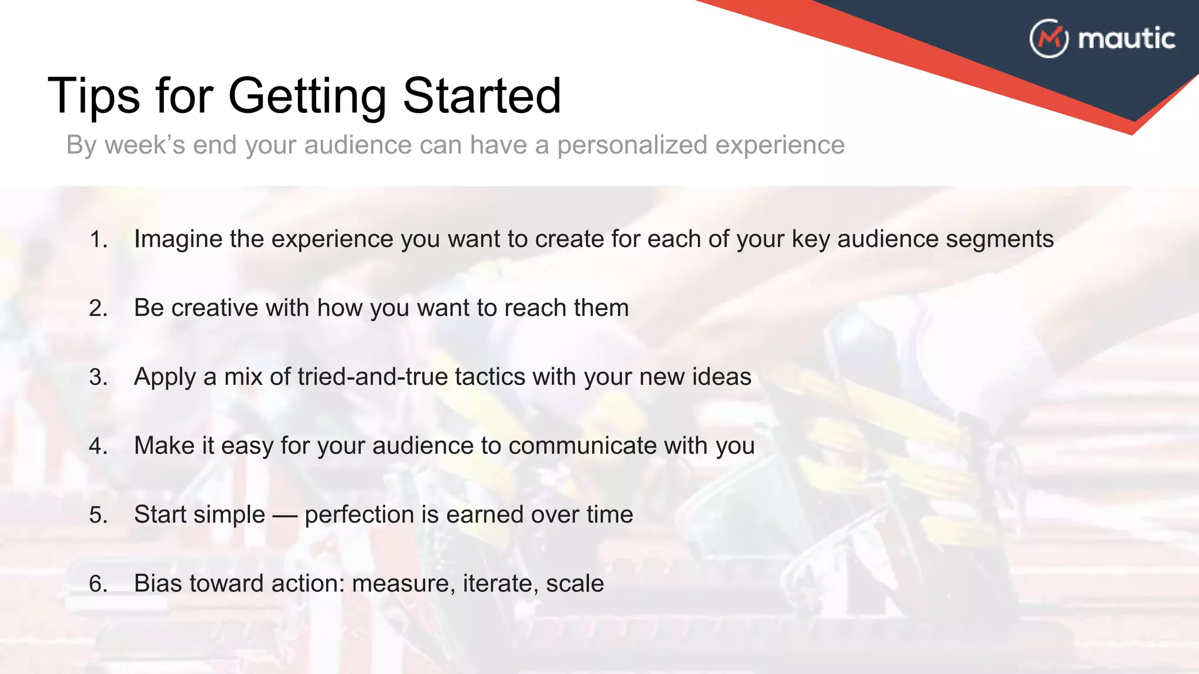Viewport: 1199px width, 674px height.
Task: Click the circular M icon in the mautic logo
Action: pos(1049,39)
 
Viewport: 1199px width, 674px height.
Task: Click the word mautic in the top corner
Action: pos(1126,39)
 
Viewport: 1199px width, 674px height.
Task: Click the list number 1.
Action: pos(98,239)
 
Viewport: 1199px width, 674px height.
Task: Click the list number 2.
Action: pos(98,308)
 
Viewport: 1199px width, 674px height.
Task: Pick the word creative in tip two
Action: pos(214,308)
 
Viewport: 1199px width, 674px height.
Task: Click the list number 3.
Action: pos(98,377)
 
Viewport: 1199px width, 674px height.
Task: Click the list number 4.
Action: pos(98,446)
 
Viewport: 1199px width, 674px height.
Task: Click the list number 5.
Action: pos(98,515)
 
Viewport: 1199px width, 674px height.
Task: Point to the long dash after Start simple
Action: pos(285,515)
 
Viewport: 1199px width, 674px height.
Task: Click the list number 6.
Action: pos(98,584)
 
